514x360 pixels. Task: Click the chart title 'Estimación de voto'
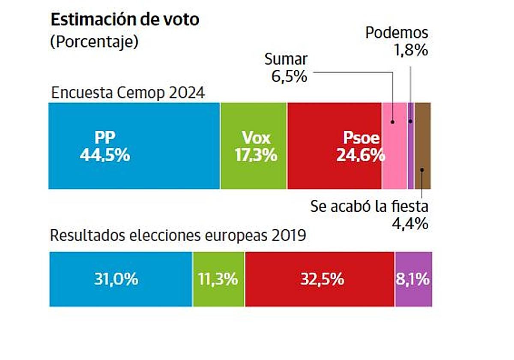[125, 20]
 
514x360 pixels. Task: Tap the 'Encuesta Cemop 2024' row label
[128, 93]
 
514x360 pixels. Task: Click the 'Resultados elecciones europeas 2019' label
[178, 235]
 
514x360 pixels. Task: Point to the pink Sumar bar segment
[394, 146]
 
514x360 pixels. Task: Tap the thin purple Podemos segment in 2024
[410, 146]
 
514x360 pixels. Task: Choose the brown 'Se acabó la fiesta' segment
[423, 146]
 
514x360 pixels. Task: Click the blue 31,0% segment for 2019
[121, 279]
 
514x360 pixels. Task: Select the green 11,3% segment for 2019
[218, 279]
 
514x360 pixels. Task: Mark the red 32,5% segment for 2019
[320, 279]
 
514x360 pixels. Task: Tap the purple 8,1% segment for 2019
[413, 279]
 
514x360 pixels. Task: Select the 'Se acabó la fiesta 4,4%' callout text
[369, 215]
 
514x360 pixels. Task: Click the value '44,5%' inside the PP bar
[105, 155]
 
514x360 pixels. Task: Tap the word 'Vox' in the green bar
[256, 138]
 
